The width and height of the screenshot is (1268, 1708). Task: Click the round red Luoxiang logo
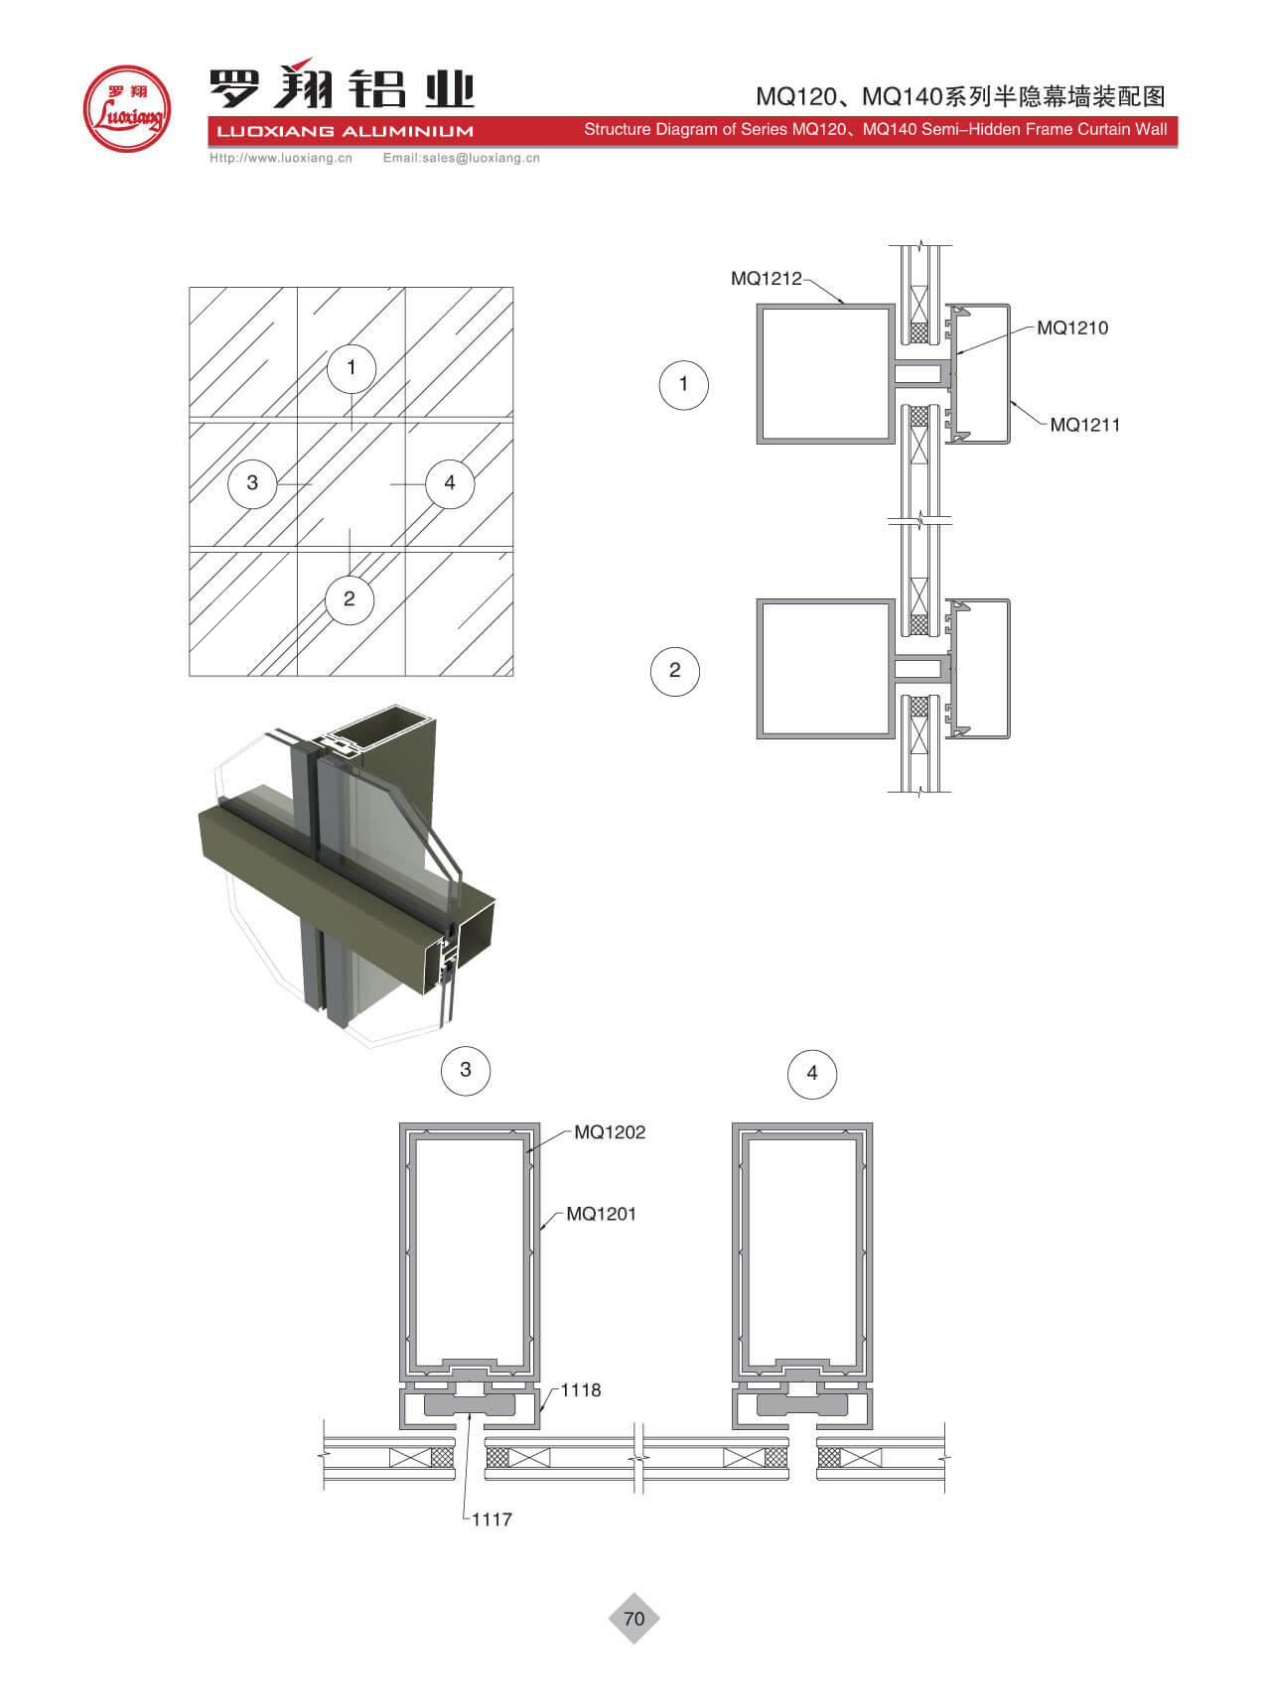click(126, 109)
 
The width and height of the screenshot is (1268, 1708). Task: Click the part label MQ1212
click(766, 279)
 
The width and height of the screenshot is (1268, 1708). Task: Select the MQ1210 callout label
click(1072, 328)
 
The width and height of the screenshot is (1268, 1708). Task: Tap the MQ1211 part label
click(1085, 425)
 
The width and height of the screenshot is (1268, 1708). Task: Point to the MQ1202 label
click(610, 1132)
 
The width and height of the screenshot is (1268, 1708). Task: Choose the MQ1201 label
click(601, 1214)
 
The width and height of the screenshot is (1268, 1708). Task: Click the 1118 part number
click(581, 1390)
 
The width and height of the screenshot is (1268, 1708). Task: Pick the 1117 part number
click(492, 1519)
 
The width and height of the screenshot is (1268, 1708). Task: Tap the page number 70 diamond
click(634, 1619)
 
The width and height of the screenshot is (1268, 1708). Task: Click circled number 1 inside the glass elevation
click(351, 368)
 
